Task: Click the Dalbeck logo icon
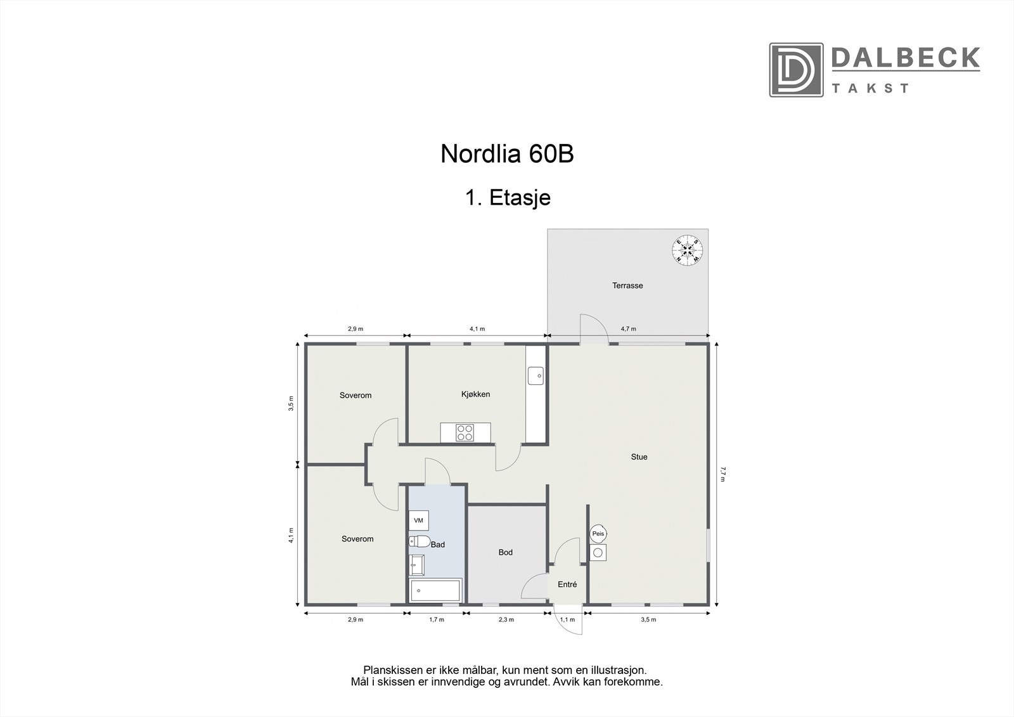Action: (x=796, y=70)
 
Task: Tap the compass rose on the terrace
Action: (x=687, y=250)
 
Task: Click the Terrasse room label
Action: (x=627, y=286)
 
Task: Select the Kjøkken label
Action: (x=475, y=394)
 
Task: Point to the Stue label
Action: (x=639, y=457)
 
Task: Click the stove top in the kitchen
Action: (x=465, y=432)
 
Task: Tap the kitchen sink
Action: (x=536, y=375)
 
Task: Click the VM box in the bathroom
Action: (x=418, y=521)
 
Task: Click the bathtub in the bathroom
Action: (x=436, y=591)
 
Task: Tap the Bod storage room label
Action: (x=505, y=553)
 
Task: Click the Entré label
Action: (x=567, y=585)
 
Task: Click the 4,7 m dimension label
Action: (x=628, y=329)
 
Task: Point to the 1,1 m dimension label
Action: (x=567, y=619)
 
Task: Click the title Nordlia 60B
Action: (x=507, y=154)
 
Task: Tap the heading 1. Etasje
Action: (x=508, y=198)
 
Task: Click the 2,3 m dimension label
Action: (x=506, y=619)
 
